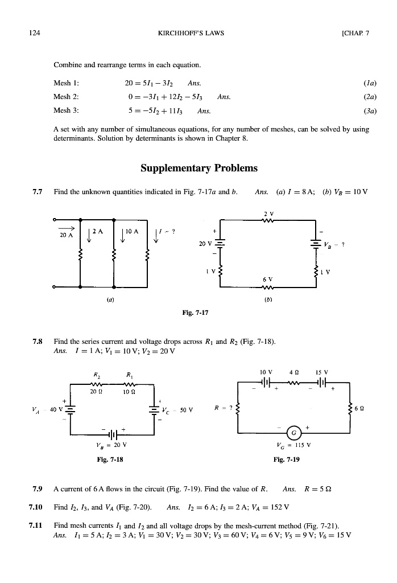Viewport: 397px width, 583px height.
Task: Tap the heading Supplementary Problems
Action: pos(198,168)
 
